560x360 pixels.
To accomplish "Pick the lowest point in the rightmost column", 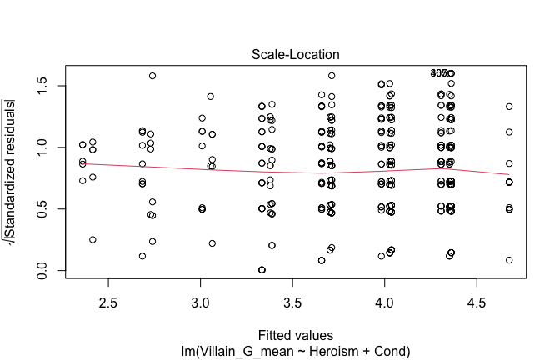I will tap(508, 261).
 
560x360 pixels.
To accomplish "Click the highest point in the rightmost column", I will tap(508, 107).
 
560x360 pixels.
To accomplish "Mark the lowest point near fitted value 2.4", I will tap(92, 239).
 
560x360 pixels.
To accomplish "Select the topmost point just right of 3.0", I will tap(210, 97).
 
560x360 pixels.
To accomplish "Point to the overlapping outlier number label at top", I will tap(442, 73).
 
